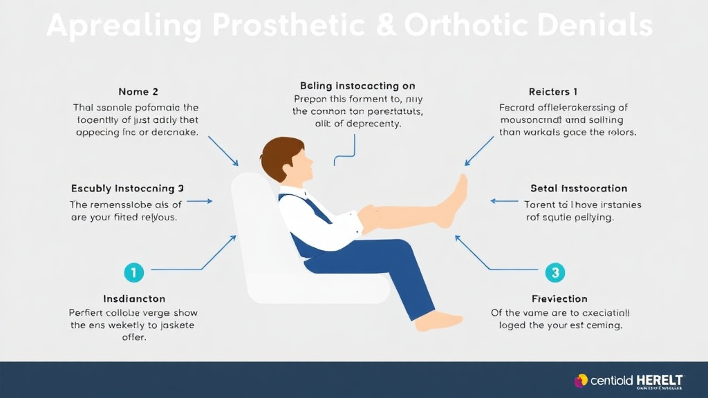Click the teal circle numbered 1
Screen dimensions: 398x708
click(133, 272)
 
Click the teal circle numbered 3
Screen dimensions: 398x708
click(555, 272)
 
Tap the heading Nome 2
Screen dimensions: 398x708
click(138, 92)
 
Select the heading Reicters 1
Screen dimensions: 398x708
click(553, 92)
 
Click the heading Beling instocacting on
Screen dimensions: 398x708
click(357, 86)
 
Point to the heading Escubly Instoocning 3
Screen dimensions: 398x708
click(127, 188)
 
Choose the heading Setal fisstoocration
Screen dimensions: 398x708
click(579, 188)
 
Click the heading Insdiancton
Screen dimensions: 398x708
click(134, 298)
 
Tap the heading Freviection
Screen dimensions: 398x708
click(559, 298)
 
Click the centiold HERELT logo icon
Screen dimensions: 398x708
click(581, 381)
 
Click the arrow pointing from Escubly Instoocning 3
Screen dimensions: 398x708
click(200, 201)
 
